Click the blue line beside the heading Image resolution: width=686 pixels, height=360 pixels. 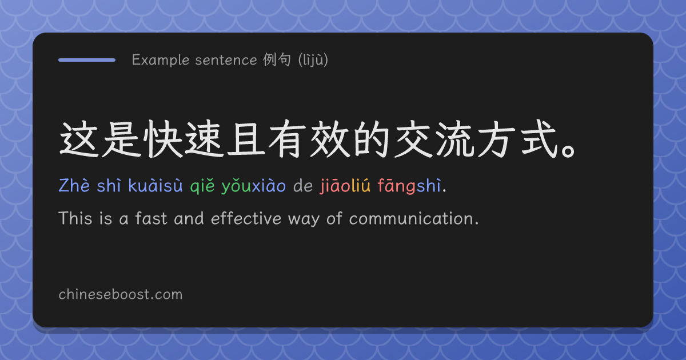[87, 60]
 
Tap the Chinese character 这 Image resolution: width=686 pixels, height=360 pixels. [79, 139]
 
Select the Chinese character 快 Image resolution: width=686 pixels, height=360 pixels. [163, 139]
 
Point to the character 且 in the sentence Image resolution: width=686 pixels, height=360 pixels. [246, 139]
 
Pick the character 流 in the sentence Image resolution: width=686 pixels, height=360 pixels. [455, 139]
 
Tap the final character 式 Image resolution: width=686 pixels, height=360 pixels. [539, 139]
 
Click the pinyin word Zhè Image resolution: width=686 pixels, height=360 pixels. [74, 186]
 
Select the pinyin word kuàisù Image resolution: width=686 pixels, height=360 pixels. [155, 186]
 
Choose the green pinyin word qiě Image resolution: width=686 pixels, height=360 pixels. [202, 186]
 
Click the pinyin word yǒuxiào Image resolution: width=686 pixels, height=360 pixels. [254, 186]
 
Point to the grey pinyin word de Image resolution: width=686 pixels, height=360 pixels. [303, 186]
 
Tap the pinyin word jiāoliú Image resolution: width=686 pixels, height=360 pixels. [345, 186]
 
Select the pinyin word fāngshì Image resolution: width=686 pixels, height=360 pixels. [409, 186]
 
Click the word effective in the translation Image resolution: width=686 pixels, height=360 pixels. [246, 218]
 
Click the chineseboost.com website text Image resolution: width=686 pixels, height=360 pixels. [121, 294]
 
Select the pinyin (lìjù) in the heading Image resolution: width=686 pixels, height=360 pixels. [313, 59]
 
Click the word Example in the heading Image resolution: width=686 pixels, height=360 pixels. [161, 59]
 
